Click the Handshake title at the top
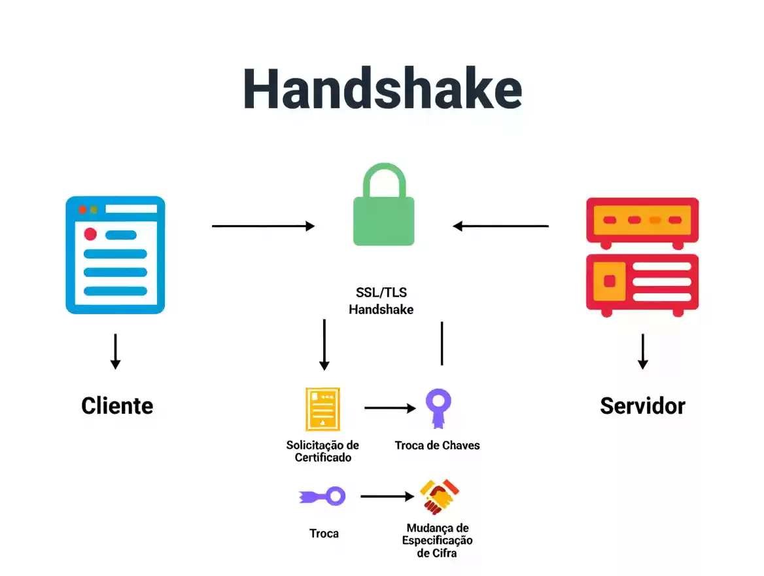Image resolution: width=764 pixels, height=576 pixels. (382, 88)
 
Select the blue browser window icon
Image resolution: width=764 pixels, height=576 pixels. (115, 255)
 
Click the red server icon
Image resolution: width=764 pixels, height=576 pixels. (642, 257)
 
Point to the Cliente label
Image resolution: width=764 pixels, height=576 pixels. (117, 406)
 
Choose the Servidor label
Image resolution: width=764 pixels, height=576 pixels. (642, 406)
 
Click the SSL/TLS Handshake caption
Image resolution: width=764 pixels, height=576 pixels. (381, 301)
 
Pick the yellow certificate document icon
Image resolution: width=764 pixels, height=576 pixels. (322, 409)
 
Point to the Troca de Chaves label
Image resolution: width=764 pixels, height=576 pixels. (437, 446)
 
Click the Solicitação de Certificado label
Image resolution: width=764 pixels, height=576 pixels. (322, 451)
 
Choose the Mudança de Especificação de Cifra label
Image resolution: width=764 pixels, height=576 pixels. (437, 540)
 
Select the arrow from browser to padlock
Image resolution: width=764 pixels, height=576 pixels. (263, 226)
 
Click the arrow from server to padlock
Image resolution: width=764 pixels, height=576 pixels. (501, 226)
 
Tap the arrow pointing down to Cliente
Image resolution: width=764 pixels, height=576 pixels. (115, 351)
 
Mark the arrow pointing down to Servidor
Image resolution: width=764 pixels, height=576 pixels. (642, 351)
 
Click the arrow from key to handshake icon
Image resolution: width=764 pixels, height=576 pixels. (387, 496)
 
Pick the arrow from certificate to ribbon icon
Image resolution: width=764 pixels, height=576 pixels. (390, 408)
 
